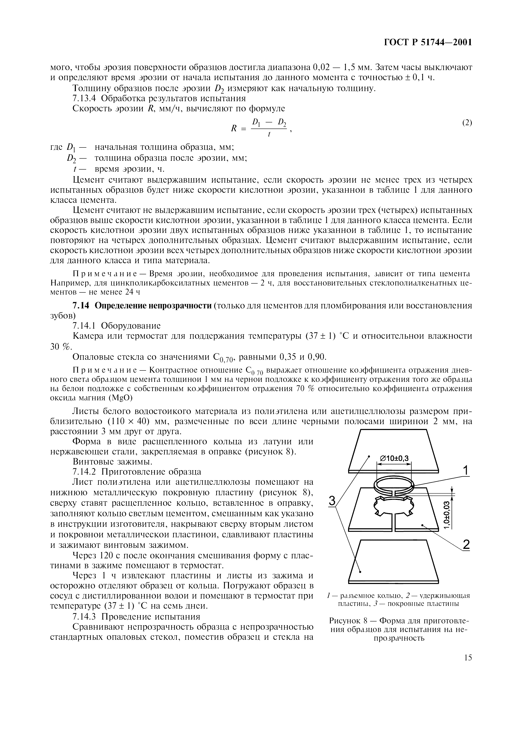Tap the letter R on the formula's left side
click(x=234, y=129)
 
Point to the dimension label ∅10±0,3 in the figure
click(x=394, y=458)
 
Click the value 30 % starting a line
click(x=60, y=346)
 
